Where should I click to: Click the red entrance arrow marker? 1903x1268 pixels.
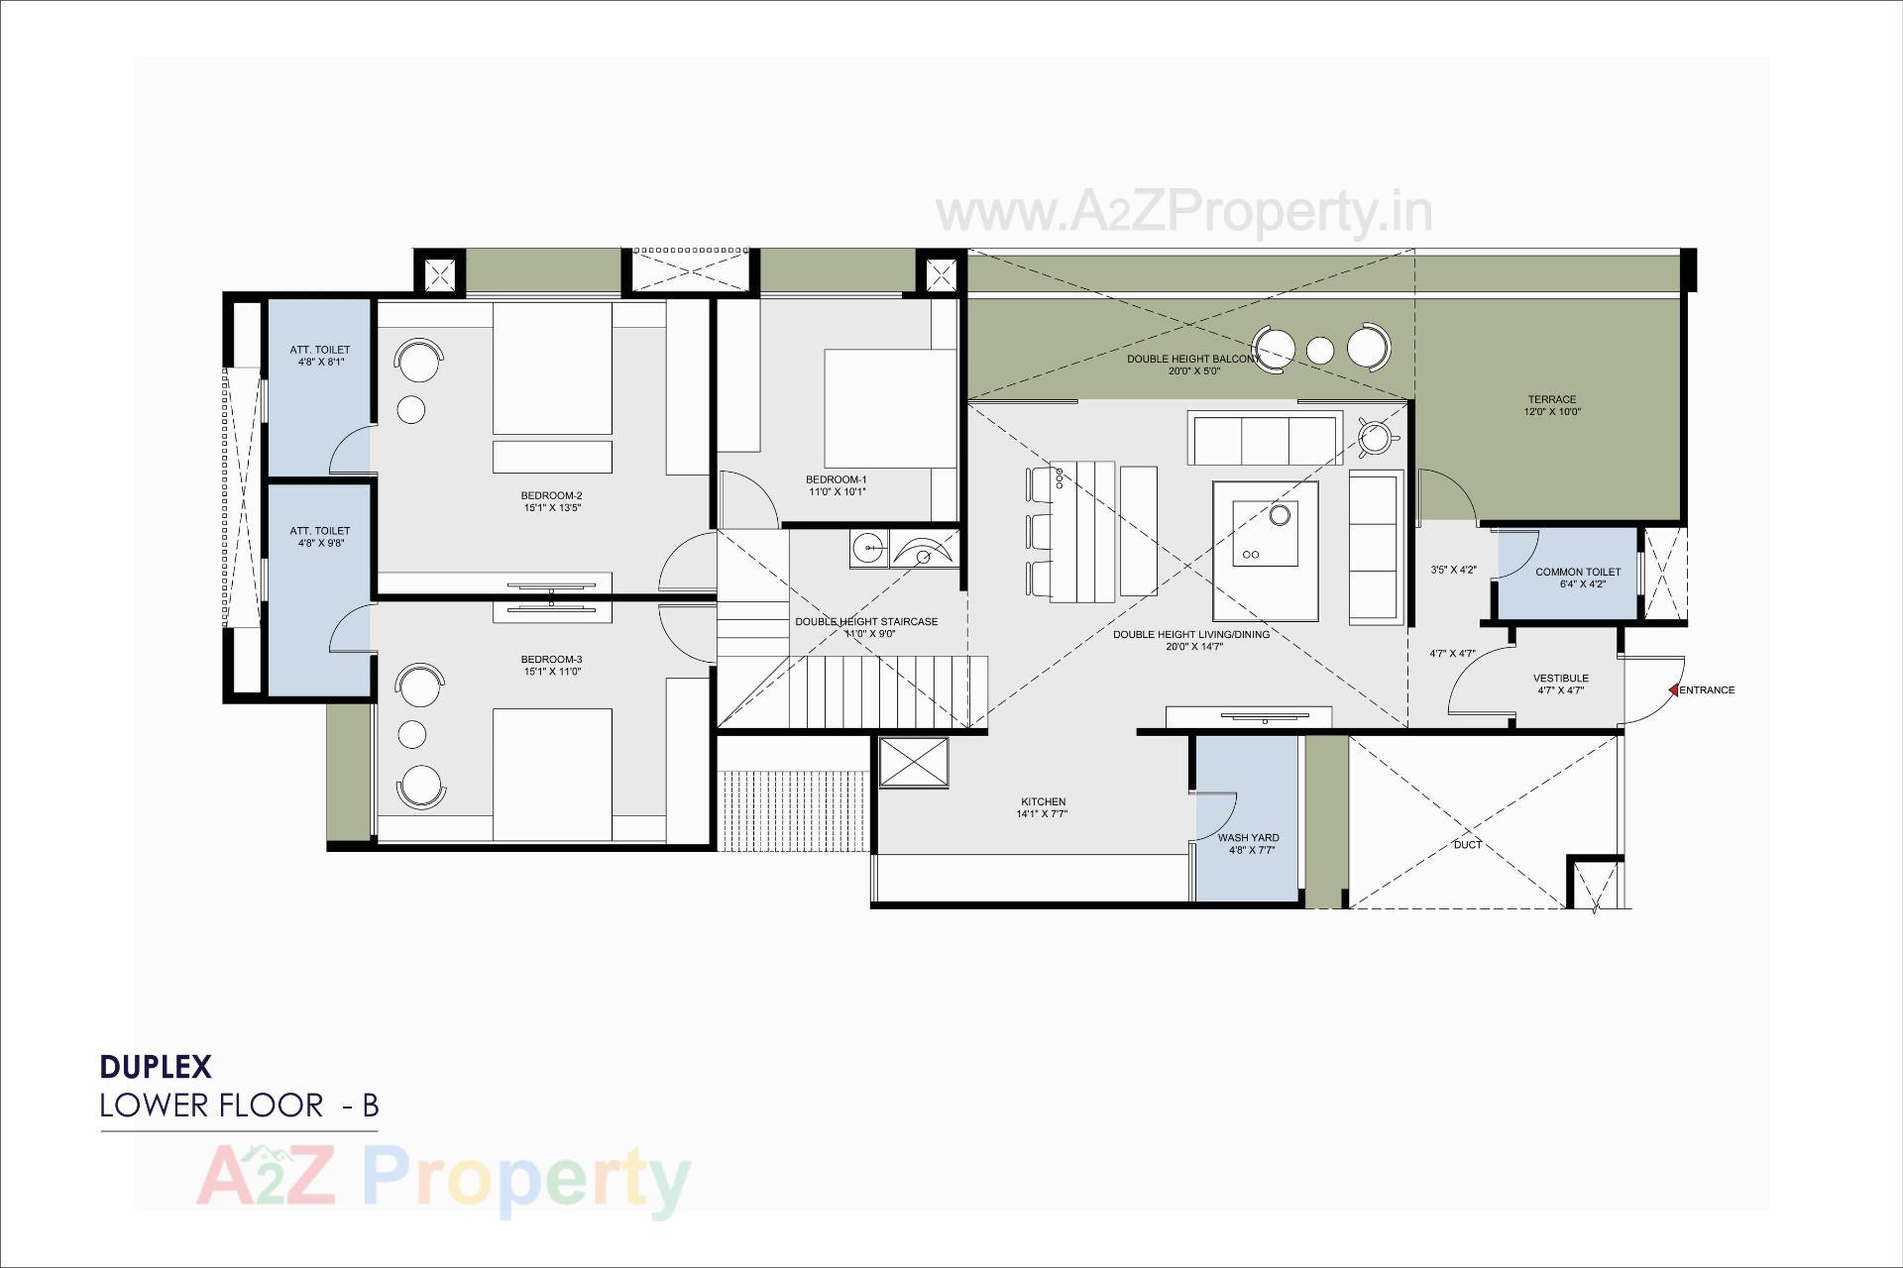(1673, 689)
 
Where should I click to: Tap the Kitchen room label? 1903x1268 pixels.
(1043, 801)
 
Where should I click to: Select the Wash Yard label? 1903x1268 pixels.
(1248, 838)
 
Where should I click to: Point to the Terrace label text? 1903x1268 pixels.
(1551, 400)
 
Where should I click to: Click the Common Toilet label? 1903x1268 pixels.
(1578, 572)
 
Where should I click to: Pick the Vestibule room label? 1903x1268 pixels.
(1560, 679)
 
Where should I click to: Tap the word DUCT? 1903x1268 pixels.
(1467, 844)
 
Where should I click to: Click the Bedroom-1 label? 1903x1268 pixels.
(836, 479)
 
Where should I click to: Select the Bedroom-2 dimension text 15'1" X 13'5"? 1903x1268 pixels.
(552, 508)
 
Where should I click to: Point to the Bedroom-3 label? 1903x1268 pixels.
(551, 660)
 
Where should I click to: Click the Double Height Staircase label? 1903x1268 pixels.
(865, 622)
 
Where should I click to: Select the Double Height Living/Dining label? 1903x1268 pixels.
(1190, 635)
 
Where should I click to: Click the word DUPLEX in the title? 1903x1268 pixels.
(156, 1067)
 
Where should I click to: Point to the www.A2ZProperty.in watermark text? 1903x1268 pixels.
(1183, 212)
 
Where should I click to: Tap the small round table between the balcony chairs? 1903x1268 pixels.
(1319, 350)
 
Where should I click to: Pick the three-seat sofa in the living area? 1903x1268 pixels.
(1264, 440)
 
